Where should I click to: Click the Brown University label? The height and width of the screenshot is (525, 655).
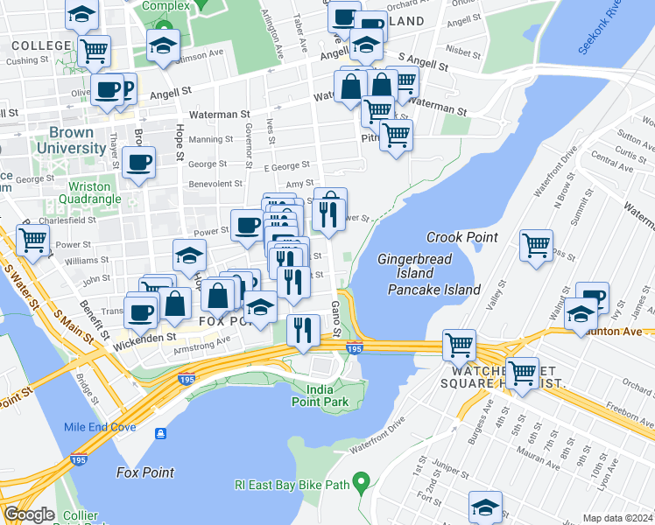click(x=71, y=141)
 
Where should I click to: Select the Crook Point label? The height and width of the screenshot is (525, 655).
click(x=461, y=237)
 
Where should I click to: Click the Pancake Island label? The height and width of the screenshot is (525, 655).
click(x=434, y=290)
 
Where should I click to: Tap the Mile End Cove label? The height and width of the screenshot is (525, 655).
click(x=99, y=427)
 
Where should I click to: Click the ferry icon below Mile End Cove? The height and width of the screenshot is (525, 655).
click(x=161, y=434)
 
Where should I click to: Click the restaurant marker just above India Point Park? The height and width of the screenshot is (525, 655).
click(x=303, y=330)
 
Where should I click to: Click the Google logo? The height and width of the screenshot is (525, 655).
click(x=29, y=514)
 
